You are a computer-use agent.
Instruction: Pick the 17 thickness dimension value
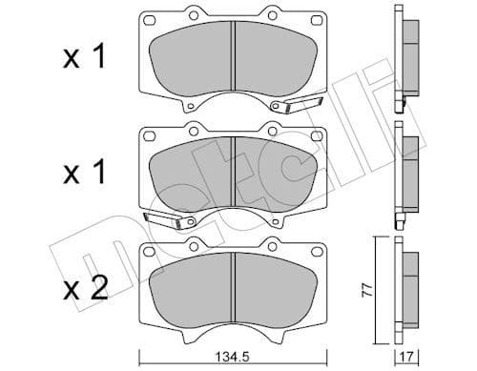coord(409,360)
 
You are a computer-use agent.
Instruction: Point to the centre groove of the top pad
coord(235,60)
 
